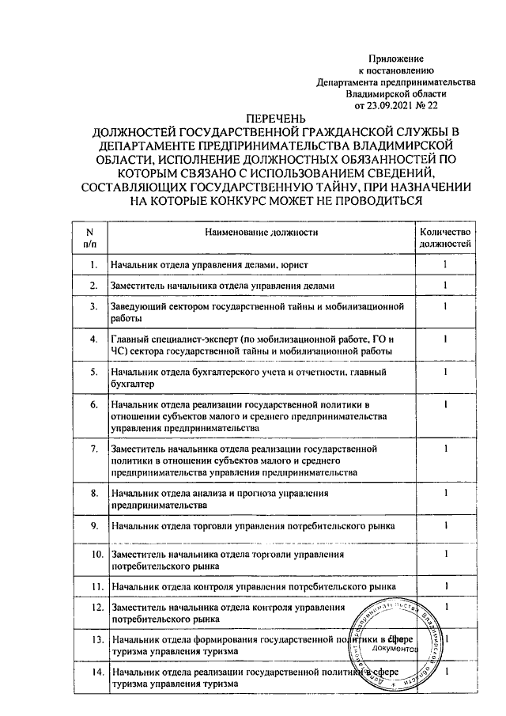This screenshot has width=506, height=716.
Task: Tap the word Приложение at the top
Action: click(x=397, y=59)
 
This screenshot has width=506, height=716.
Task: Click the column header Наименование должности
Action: click(x=261, y=233)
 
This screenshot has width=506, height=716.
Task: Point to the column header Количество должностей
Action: click(x=446, y=238)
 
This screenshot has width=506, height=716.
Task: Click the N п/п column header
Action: click(x=89, y=238)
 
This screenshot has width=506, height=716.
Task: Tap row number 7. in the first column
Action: click(x=94, y=449)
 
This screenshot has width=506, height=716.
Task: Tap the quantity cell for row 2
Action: click(x=446, y=285)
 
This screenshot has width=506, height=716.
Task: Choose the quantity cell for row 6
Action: click(x=446, y=405)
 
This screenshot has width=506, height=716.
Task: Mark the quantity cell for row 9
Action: click(x=446, y=525)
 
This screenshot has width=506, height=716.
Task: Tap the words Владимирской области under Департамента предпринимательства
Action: click(x=396, y=92)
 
